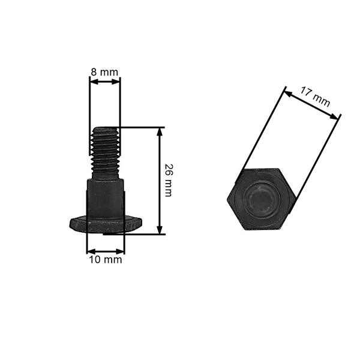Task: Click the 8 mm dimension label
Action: (104, 72)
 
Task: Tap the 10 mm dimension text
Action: (106, 260)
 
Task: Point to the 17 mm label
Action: (315, 97)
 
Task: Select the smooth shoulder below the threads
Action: (106, 198)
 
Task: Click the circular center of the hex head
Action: (260, 199)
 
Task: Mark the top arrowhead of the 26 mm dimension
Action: (160, 131)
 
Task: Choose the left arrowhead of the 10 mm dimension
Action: (90, 251)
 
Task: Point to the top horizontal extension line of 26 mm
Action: (141, 127)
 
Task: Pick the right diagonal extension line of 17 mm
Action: (316, 162)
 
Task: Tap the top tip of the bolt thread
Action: (105, 127)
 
